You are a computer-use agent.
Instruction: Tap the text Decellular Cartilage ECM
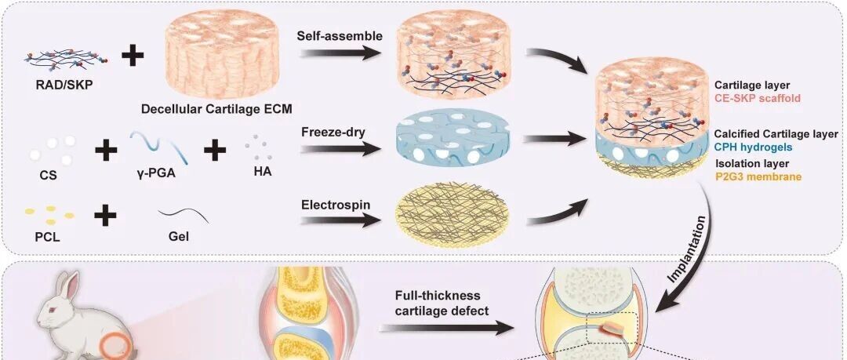pos(216,109)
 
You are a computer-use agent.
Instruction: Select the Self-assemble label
pos(340,36)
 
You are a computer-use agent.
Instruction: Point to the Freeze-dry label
pos(333,132)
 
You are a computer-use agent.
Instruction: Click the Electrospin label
pos(333,205)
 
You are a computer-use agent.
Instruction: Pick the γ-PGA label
pos(156,173)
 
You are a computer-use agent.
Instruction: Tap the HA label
pos(262,171)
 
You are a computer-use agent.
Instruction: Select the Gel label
pos(179,237)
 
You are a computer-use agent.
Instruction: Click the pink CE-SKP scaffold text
pos(758,98)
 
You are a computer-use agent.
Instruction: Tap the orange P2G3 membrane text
pos(759,176)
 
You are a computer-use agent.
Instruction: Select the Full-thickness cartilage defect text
pos(437,304)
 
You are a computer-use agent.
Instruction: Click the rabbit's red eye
pos(53,309)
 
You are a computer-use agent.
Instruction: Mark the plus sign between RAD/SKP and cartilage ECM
pos(133,56)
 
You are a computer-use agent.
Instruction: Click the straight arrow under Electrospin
pos(341,220)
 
